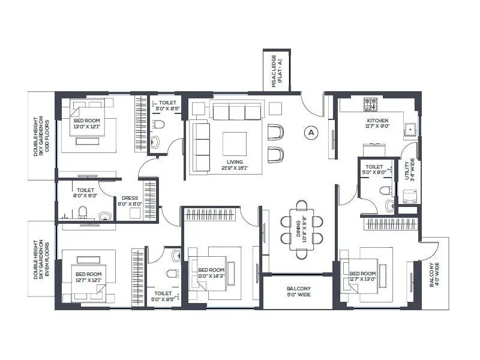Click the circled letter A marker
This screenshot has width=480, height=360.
[310, 132]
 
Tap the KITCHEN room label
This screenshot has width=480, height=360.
[378, 124]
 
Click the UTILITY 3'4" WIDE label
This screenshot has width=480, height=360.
[408, 169]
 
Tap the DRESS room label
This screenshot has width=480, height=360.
[130, 200]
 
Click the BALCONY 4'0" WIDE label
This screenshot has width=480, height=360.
[434, 274]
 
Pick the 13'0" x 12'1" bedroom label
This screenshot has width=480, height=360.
[87, 124]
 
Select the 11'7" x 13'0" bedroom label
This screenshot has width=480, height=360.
[363, 277]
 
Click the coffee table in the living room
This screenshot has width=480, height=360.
[234, 144]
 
